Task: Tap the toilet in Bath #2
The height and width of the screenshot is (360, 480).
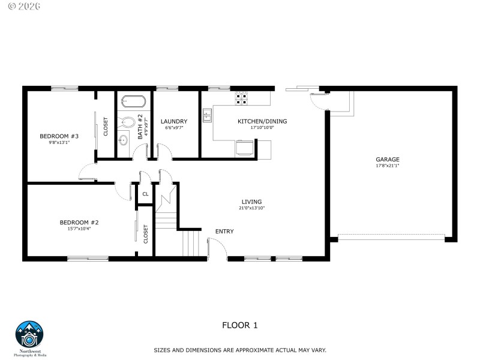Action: (x=127, y=122)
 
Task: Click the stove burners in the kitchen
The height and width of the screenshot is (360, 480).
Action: (x=242, y=97)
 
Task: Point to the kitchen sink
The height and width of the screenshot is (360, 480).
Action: (x=208, y=115)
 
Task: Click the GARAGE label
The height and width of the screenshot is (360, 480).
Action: (x=388, y=159)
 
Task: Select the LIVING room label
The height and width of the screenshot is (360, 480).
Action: (x=251, y=202)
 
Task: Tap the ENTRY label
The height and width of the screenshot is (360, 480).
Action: (x=224, y=232)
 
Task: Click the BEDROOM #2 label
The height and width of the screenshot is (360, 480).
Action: (x=79, y=222)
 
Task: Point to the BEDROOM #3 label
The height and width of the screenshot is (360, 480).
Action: (x=59, y=136)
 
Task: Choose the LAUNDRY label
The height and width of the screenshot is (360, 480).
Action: (x=173, y=121)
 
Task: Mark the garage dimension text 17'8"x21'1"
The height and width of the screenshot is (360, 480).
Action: (x=388, y=166)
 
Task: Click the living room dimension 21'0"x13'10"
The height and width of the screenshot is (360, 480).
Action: (x=251, y=208)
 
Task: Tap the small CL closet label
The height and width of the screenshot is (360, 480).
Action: (x=145, y=194)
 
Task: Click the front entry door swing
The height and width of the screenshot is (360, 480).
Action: (x=216, y=247)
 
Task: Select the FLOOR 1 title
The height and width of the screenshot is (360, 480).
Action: (x=240, y=325)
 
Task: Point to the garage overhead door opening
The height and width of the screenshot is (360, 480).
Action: (x=391, y=238)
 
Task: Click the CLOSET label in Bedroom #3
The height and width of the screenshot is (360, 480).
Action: (x=106, y=126)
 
